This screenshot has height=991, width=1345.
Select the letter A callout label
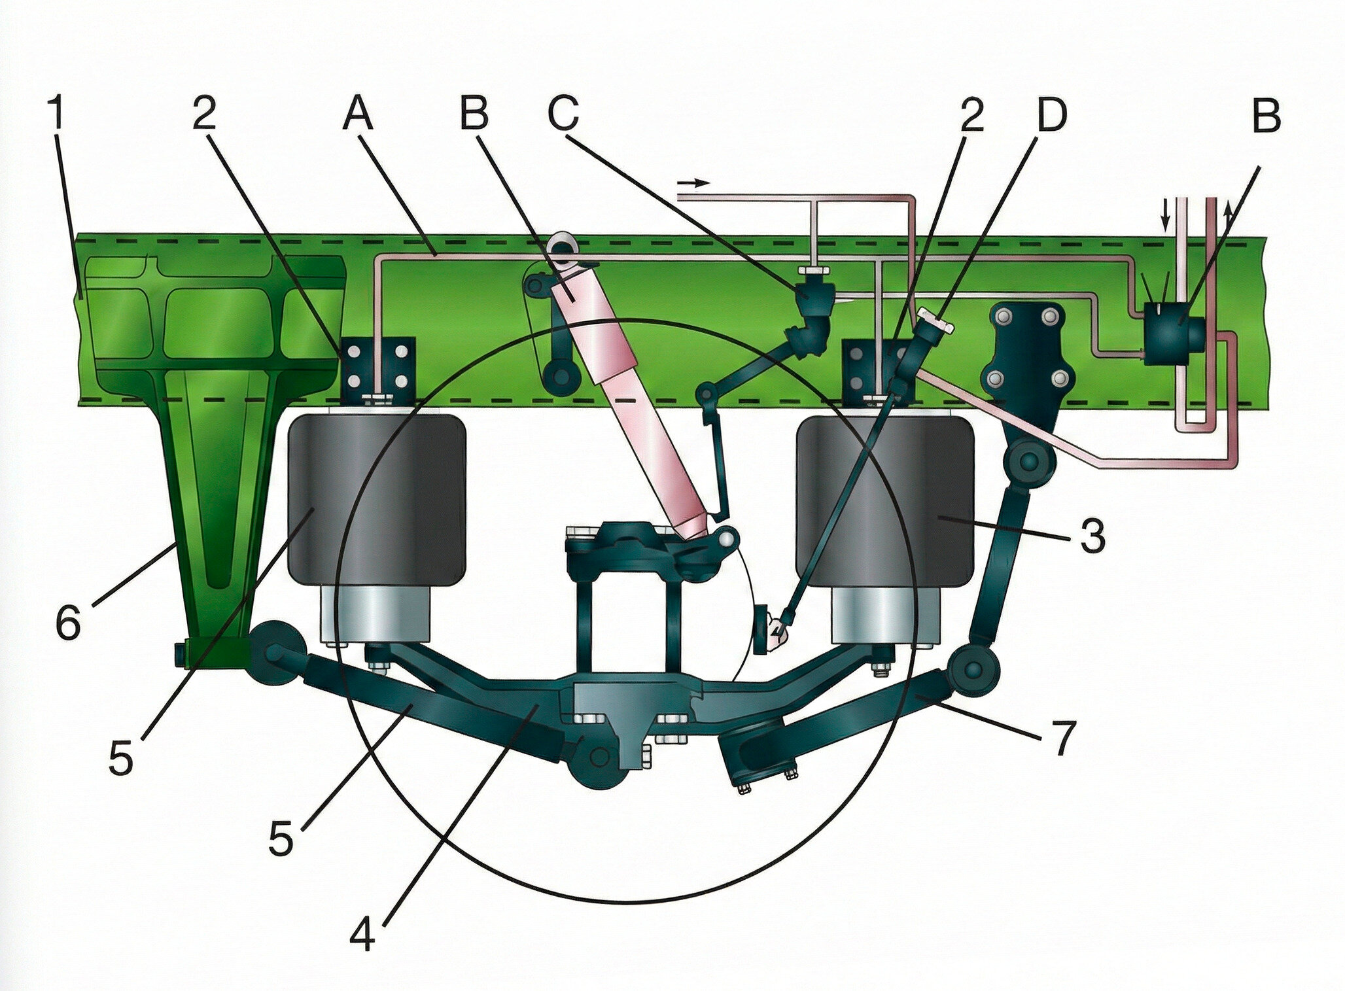(357, 113)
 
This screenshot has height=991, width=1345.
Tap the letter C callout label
(564, 113)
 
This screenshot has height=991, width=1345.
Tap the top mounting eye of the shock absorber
(561, 247)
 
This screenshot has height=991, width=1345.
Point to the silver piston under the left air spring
(375, 614)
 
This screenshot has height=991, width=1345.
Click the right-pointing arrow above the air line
(693, 183)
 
